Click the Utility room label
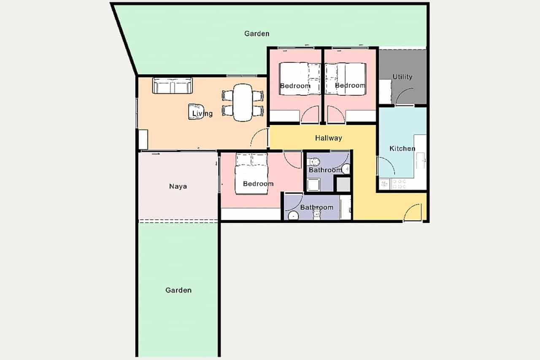pyautogui.click(x=402, y=77)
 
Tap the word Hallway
pyautogui.click(x=328, y=138)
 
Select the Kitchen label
pyautogui.click(x=402, y=149)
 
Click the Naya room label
pyautogui.click(x=178, y=186)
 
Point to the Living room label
pyautogui.click(x=202, y=114)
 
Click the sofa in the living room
pyautogui.click(x=172, y=86)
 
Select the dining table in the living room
pyautogui.click(x=243, y=103)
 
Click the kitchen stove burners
pyautogui.click(x=399, y=184)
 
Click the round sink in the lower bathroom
pyautogui.click(x=293, y=216)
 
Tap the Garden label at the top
pyautogui.click(x=256, y=33)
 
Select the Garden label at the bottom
pyautogui.click(x=178, y=290)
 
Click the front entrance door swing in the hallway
pyautogui.click(x=412, y=213)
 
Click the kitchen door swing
pyautogui.click(x=386, y=166)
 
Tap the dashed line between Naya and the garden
pyautogui.click(x=178, y=221)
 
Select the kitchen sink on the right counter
pyautogui.click(x=421, y=160)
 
